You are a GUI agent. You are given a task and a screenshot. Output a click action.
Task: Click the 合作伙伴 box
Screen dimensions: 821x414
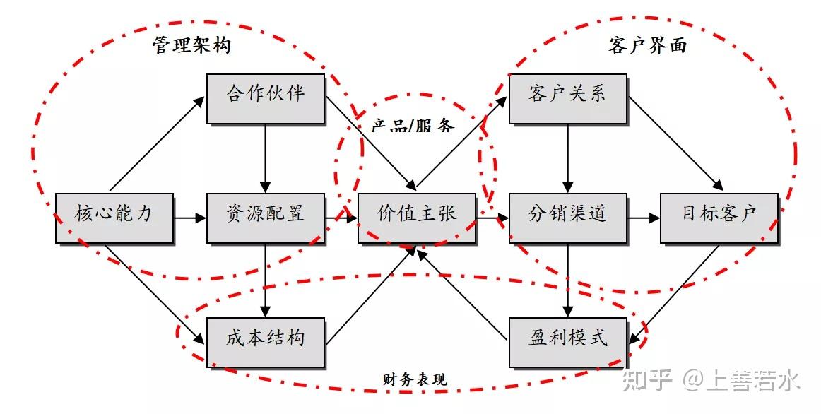click(266, 99)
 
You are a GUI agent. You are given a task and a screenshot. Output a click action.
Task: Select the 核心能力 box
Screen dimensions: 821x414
click(114, 218)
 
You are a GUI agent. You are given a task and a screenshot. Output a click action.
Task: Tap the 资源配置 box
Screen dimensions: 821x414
click(266, 218)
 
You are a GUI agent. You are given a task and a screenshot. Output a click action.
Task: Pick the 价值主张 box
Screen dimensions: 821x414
click(417, 218)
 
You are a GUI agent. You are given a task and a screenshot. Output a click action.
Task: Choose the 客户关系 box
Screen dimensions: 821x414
click(568, 99)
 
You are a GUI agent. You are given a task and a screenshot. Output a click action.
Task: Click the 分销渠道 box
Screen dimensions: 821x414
click(568, 218)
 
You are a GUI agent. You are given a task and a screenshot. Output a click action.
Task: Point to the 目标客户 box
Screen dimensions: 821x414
click(719, 218)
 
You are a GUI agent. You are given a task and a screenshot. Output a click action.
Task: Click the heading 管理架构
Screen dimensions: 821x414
click(191, 45)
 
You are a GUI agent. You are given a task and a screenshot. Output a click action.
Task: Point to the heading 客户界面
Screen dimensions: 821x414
click(648, 45)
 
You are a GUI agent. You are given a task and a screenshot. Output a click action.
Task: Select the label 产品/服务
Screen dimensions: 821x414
click(413, 125)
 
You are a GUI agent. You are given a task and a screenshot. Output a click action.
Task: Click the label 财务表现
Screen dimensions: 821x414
click(415, 379)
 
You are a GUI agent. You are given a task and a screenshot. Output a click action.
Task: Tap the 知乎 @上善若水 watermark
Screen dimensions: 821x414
click(711, 381)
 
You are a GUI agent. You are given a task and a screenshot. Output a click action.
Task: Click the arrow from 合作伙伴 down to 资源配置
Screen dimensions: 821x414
click(266, 158)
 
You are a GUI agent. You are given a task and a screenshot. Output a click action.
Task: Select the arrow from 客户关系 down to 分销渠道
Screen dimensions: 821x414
click(568, 158)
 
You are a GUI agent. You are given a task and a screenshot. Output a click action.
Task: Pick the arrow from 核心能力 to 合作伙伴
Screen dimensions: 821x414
click(157, 144)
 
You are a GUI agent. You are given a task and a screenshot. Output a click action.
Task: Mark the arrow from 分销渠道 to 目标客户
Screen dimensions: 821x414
click(644, 218)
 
